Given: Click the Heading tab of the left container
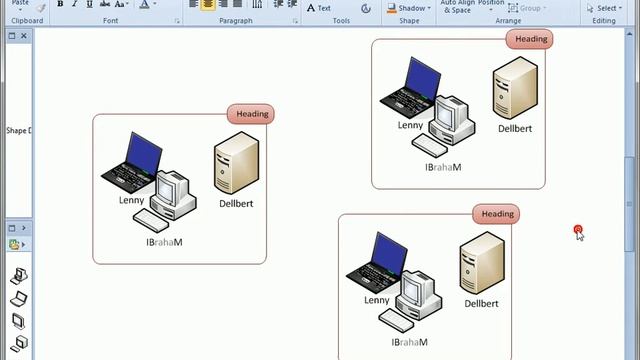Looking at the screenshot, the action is pos(252,114).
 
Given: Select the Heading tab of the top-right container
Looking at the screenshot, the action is pos(530,39).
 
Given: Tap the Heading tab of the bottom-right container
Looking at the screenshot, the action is pos(497,214).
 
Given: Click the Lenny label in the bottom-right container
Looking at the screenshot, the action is pos(377,300).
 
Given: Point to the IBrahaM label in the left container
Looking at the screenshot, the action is pos(164,242).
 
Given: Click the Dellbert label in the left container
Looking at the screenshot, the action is pos(236,204).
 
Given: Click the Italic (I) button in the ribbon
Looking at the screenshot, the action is pos(75,5).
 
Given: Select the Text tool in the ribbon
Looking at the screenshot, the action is pos(319,8).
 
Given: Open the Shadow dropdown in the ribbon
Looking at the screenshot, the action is pos(410,8).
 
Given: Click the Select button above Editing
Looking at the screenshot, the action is pos(604,8).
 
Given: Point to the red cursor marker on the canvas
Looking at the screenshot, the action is pos(578,231).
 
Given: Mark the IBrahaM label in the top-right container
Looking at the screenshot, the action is pos(443,168).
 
